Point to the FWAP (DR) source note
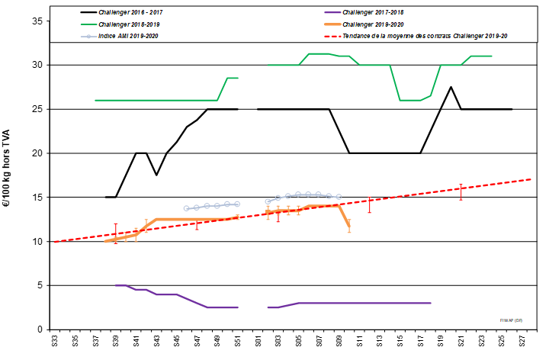pyautogui.click(x=511, y=320)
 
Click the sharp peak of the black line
pyautogui.click(x=451, y=87)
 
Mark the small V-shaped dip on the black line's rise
pyautogui.click(x=156, y=175)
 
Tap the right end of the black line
pyautogui.click(x=512, y=109)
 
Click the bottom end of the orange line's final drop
pyautogui.click(x=349, y=226)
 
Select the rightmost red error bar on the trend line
pyautogui.click(x=461, y=191)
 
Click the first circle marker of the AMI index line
pyautogui.click(x=187, y=208)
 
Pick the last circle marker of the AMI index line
pyautogui.click(x=339, y=197)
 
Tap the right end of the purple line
pyautogui.click(x=431, y=303)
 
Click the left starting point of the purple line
pyautogui.click(x=116, y=285)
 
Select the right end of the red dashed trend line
pyautogui.click(x=531, y=179)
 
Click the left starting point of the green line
pyautogui.click(x=95, y=100)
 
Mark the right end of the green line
pyautogui.click(x=492, y=56)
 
